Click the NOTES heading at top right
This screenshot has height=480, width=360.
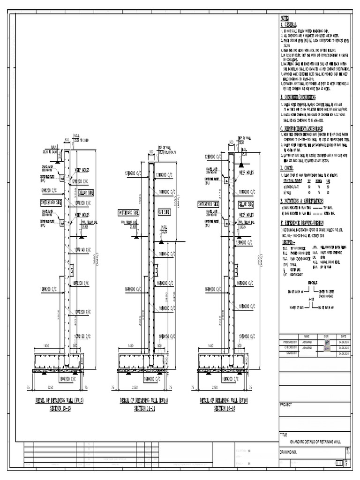coord(285,17)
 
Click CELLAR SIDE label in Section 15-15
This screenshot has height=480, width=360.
coord(86,193)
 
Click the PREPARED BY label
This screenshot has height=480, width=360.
coord(291,342)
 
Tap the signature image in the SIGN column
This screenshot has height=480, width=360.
coord(327,345)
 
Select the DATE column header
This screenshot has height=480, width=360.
coord(343,336)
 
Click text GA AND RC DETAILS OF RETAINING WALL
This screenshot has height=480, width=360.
coord(315,442)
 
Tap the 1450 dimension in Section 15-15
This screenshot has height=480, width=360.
coord(46,345)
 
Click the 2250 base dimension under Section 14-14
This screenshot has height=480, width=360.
coord(135,388)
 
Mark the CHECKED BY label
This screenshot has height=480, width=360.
coord(291,348)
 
